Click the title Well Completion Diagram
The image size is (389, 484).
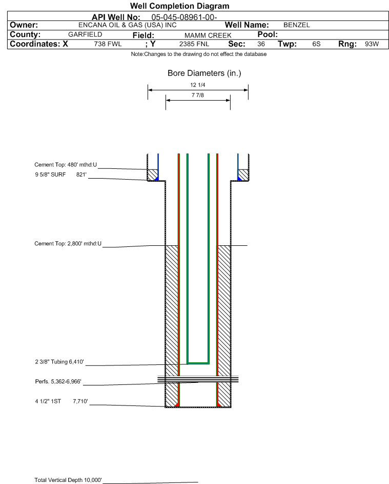pos(179,6)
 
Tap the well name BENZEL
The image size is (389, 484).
pos(296,25)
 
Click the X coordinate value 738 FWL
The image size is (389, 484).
pos(108,44)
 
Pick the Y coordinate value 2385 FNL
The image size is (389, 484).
pos(192,44)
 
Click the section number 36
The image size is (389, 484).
pos(261,44)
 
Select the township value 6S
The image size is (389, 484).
pos(316,44)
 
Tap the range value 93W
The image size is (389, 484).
pos(372,44)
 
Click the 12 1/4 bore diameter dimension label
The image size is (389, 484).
pos(197,85)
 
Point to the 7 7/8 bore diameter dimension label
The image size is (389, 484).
pos(197,95)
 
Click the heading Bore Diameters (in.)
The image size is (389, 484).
pos(204,73)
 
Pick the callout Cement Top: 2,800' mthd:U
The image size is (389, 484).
pos(68,243)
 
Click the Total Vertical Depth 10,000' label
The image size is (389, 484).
pos(68,480)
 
